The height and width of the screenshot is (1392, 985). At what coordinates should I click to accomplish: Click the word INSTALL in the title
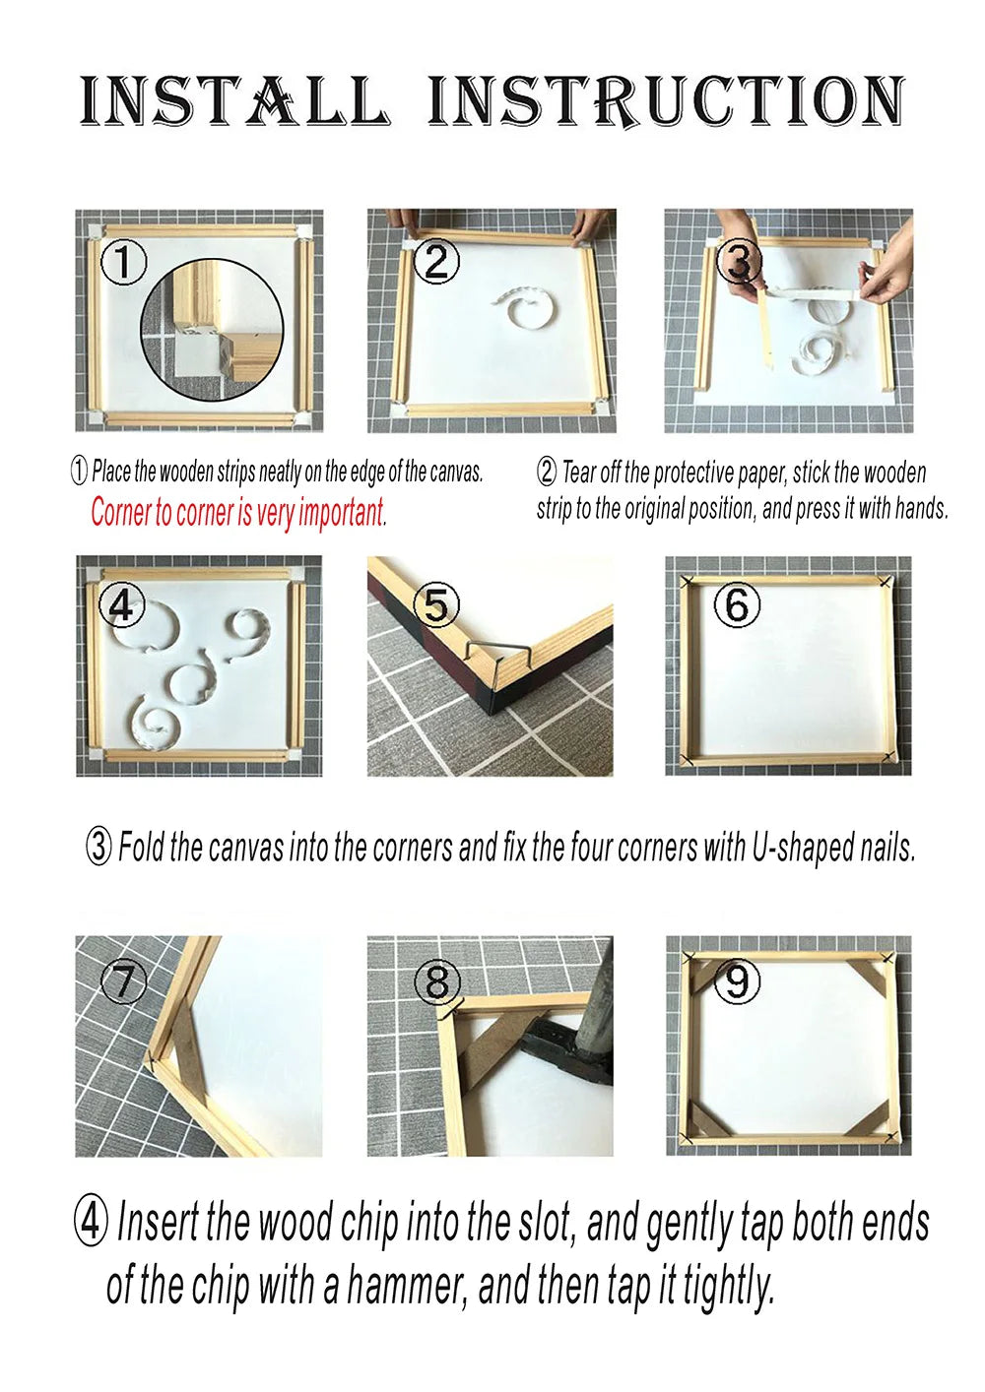[233, 100]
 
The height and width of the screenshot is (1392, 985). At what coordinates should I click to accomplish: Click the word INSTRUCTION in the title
[666, 100]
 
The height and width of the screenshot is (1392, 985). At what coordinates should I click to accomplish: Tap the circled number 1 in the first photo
[124, 263]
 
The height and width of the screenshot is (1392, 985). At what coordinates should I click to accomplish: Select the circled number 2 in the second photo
[436, 261]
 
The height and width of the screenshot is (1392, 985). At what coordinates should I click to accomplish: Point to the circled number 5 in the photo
[437, 604]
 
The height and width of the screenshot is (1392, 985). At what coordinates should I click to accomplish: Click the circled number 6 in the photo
[737, 604]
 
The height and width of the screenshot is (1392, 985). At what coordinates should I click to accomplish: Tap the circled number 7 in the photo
[124, 982]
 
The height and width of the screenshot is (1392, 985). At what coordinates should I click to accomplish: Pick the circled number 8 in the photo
[436, 981]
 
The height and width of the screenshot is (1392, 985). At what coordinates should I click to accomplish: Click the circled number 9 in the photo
[737, 981]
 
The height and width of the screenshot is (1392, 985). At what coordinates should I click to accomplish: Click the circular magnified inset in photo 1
[212, 330]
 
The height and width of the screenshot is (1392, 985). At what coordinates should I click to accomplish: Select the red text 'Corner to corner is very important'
[238, 512]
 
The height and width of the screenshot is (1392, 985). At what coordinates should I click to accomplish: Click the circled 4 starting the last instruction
[91, 1223]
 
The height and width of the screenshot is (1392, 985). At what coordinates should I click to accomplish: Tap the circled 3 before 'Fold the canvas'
[98, 847]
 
